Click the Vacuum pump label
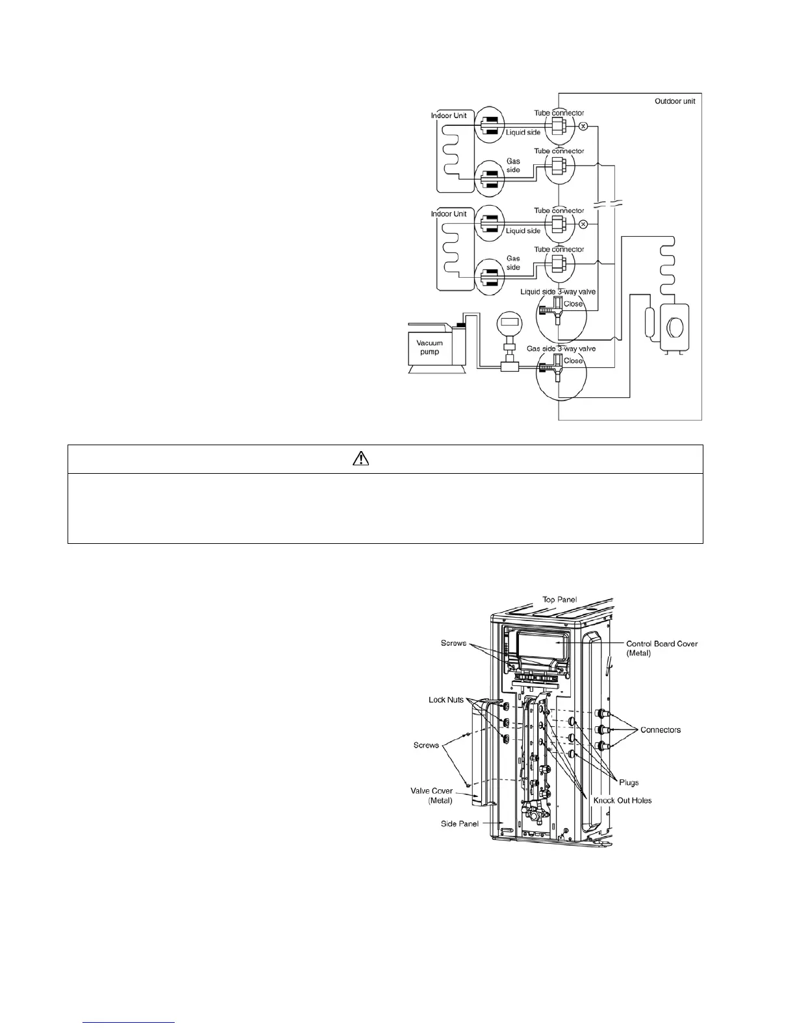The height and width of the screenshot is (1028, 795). click(429, 347)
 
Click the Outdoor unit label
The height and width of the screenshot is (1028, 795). click(675, 101)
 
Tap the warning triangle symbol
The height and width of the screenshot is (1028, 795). click(361, 459)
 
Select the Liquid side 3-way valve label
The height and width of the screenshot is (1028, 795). click(558, 292)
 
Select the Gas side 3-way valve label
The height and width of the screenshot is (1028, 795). click(561, 349)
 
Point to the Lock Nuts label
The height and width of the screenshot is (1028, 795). click(446, 700)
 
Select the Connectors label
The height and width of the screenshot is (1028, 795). click(661, 729)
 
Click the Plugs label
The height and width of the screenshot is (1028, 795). click(629, 783)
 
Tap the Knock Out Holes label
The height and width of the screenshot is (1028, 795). click(622, 800)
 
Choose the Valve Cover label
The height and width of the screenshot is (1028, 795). click(431, 796)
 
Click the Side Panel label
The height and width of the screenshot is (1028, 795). click(459, 824)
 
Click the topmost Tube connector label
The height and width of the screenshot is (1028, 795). click(559, 113)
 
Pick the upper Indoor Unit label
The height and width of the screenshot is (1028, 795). click(449, 116)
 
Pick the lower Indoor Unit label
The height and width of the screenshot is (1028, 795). click(449, 214)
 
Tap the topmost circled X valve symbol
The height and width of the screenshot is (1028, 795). click(583, 126)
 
